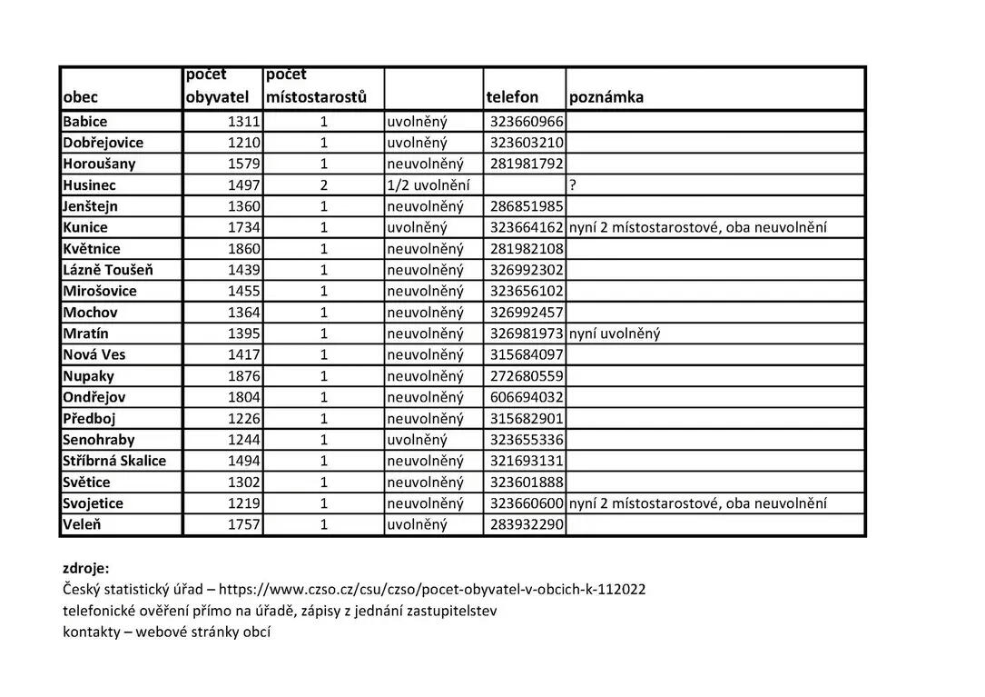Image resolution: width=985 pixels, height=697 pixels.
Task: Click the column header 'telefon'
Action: click(x=512, y=97)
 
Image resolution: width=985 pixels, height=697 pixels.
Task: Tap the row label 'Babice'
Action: click(x=85, y=122)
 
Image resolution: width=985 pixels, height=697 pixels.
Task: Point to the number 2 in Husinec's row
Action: click(x=323, y=185)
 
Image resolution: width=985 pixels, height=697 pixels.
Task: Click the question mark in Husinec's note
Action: click(x=573, y=185)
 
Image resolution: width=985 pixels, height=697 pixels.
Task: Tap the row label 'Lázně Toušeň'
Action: click(x=108, y=270)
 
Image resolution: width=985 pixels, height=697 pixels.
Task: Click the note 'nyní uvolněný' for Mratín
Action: click(x=615, y=334)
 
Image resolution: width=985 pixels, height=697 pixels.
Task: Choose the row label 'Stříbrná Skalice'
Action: click(x=114, y=461)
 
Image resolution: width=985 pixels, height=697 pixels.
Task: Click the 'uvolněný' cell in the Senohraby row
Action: click(x=417, y=440)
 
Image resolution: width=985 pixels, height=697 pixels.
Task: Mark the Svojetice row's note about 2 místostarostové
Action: click(x=697, y=503)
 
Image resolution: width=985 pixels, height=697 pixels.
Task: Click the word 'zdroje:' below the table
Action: click(x=85, y=569)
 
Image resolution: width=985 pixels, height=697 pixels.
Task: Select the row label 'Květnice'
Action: click(x=92, y=249)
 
